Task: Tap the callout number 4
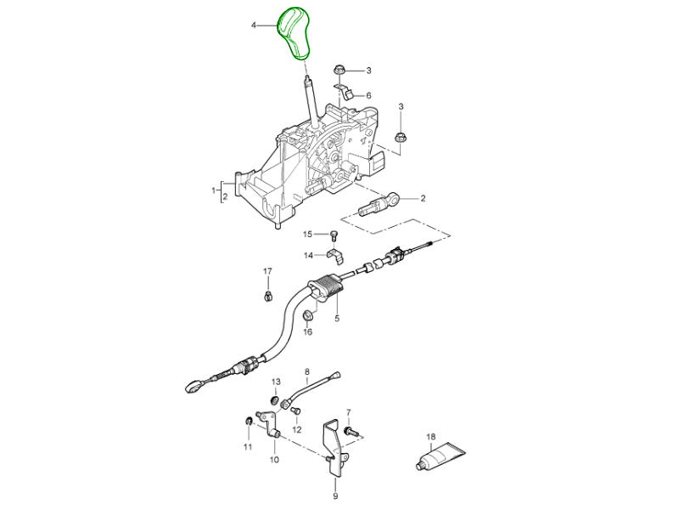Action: pos(254,25)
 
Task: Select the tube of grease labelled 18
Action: pos(440,456)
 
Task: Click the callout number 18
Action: pos(431,437)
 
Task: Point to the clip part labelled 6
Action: pos(344,92)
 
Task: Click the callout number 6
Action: pos(368,95)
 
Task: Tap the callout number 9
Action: pos(335,496)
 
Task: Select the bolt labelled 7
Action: pos(351,432)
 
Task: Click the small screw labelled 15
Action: pos(334,235)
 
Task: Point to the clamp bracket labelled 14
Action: pos(334,255)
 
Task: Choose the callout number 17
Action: pos(267,271)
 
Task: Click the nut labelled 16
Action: pos(307,315)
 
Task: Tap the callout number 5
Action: pos(337,319)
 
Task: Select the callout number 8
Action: pos(307,371)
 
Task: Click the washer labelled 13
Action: pos(274,399)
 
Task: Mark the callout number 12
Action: pos(296,430)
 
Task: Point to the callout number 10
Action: pos(274,460)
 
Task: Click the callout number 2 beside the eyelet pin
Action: pos(423,199)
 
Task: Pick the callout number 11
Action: pos(247,447)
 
